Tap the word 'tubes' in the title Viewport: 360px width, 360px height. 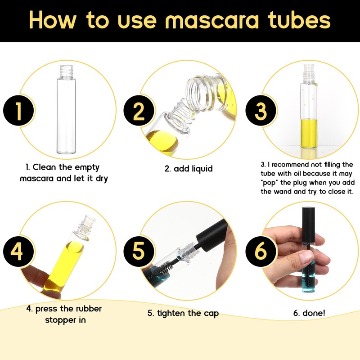point(299,20)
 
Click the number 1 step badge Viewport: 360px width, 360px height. point(19,111)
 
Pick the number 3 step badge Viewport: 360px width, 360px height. point(260,111)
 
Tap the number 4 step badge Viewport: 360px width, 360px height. point(19,252)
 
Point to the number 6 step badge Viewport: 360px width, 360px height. point(260,252)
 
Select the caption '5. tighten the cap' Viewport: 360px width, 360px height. point(183,313)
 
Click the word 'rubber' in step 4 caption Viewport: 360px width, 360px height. point(87,309)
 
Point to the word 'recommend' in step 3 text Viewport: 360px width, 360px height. point(294,165)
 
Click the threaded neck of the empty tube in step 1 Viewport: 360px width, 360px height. point(65,71)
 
